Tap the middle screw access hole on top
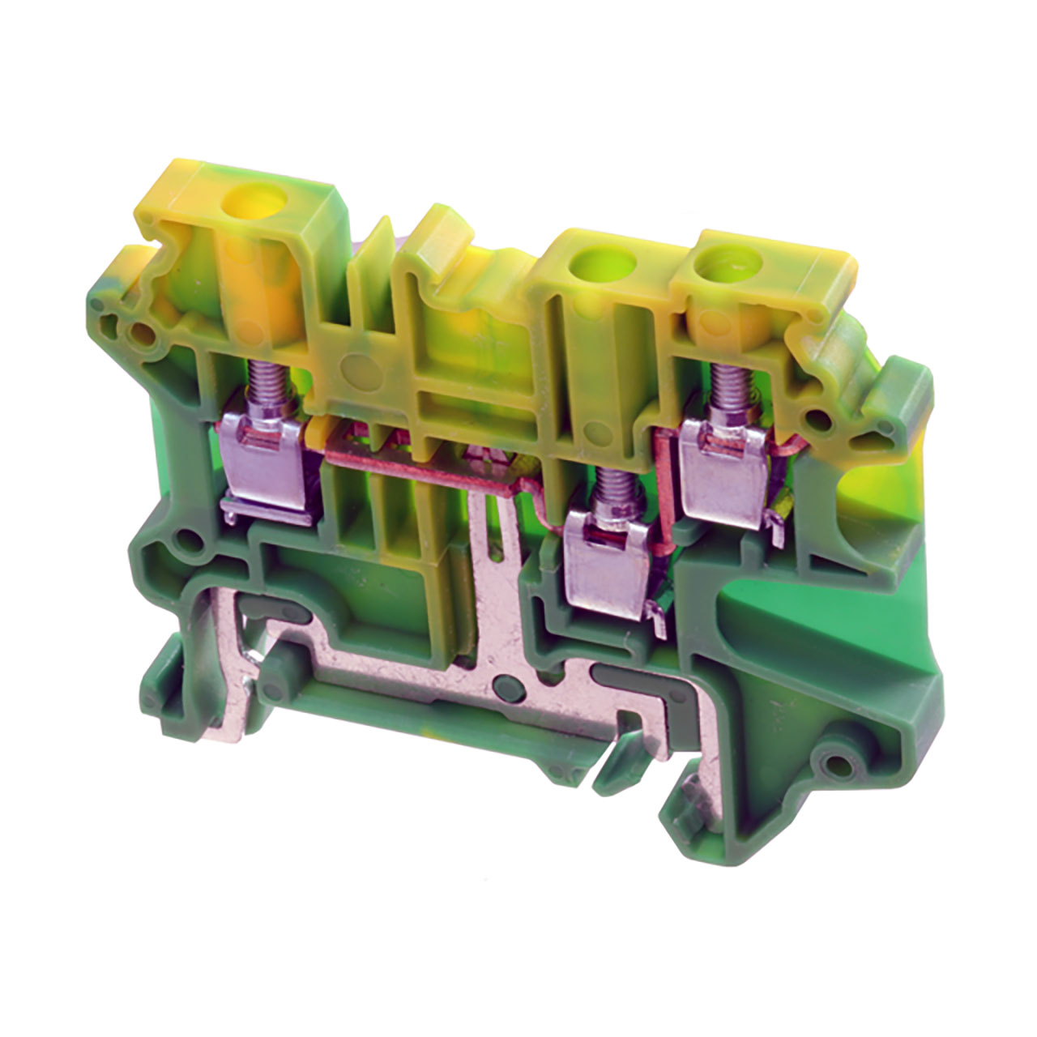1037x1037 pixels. pos(594,262)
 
